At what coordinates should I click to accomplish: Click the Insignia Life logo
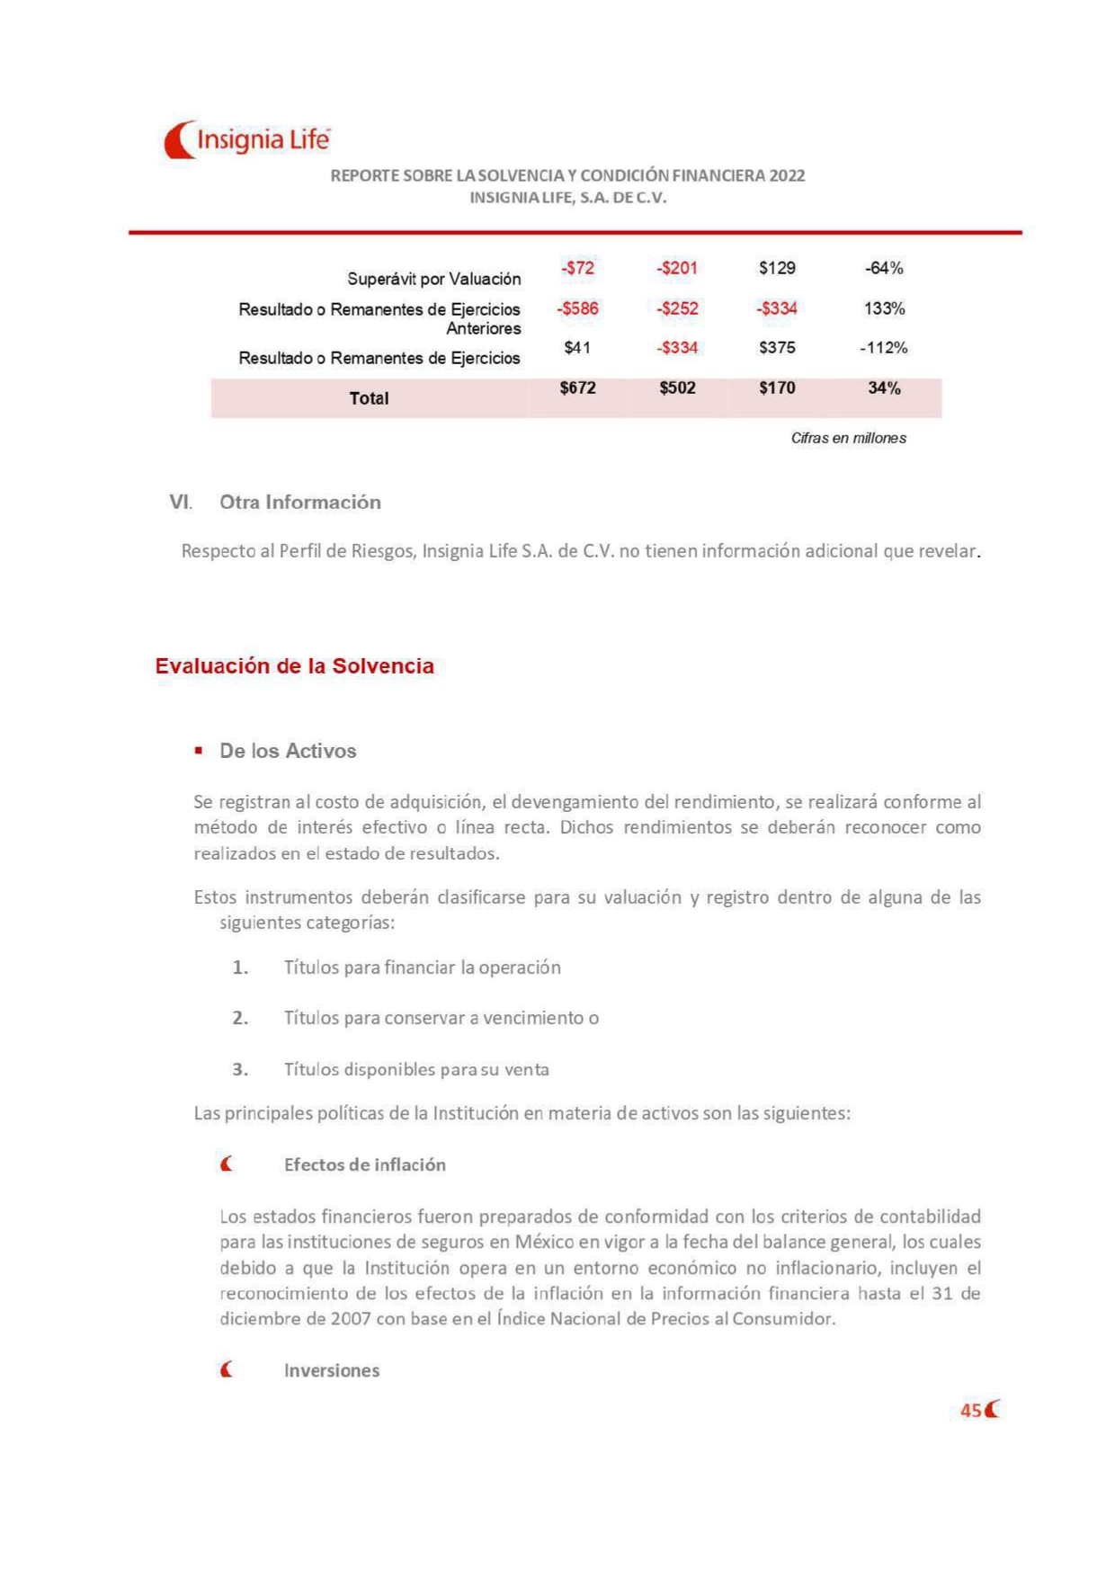tap(246, 140)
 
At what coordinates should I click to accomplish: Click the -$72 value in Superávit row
tap(577, 268)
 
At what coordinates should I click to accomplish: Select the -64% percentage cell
tap(883, 268)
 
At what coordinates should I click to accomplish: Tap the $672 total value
tap(577, 388)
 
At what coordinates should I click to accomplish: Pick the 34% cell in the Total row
tap(883, 388)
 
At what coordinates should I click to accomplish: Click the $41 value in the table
tap(577, 347)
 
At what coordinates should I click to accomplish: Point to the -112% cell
tap(883, 347)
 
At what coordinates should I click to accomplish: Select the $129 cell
tap(777, 268)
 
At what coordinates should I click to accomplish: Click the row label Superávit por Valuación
tap(433, 279)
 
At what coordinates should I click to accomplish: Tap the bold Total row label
tap(369, 398)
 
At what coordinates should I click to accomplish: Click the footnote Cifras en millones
tap(848, 438)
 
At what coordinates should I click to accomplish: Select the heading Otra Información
tap(300, 502)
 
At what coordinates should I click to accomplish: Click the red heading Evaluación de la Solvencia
tap(294, 666)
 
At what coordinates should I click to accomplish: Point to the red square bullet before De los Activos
tap(199, 751)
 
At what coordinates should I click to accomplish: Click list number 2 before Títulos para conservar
tap(240, 1018)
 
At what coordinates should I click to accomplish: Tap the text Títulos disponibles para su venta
tap(416, 1069)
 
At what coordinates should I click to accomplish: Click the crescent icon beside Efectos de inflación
tap(227, 1164)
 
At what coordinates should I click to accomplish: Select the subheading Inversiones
tap(332, 1370)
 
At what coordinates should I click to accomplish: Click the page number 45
tap(970, 1410)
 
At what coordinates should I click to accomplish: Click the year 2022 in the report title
tap(787, 176)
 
